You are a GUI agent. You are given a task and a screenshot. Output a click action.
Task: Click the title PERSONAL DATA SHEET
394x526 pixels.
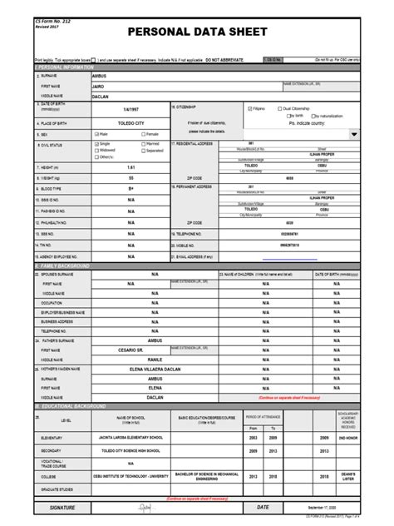click(196, 32)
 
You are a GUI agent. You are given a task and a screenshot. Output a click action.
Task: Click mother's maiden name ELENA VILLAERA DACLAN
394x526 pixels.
click(154, 369)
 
